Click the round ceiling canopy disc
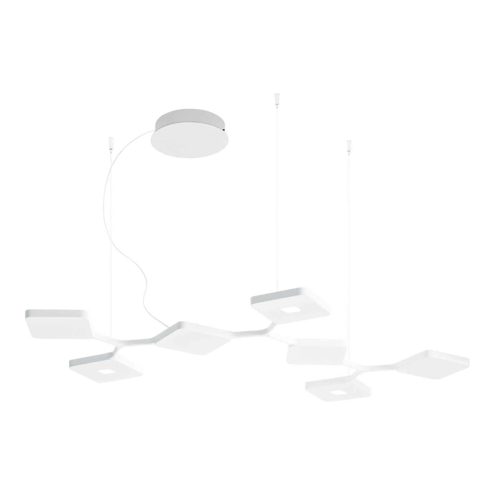click(x=188, y=135)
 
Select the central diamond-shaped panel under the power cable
click(x=193, y=338)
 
